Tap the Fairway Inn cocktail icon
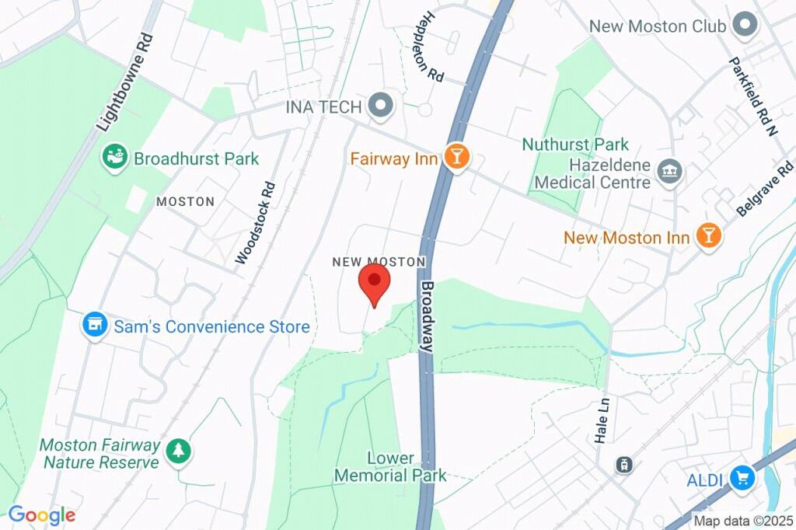[x=457, y=158]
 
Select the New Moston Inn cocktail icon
[x=708, y=236]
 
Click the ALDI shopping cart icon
[x=742, y=479]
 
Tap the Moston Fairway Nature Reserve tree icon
[x=180, y=451]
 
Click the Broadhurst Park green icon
[x=115, y=158]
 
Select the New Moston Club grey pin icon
[x=746, y=26]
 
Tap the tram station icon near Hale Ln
[x=623, y=465]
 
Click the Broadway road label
[x=428, y=317]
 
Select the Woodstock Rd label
[x=256, y=222]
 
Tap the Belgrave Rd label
[x=766, y=189]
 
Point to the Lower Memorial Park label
[x=390, y=466]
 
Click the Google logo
[x=41, y=514]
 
